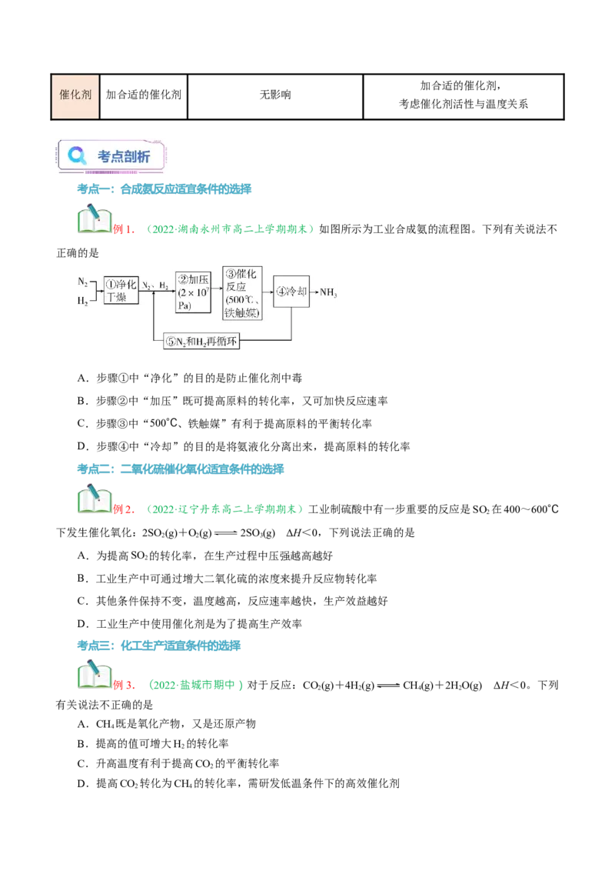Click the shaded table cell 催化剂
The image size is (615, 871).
pyautogui.click(x=75, y=97)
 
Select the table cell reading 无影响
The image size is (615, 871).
pyautogui.click(x=275, y=97)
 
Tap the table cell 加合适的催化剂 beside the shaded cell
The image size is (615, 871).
pyautogui.click(x=144, y=97)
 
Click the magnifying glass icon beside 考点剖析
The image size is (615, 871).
pyautogui.click(x=77, y=155)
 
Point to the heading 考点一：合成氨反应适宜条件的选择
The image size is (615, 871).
pyautogui.click(x=165, y=189)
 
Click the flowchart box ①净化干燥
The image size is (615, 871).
pyautogui.click(x=121, y=290)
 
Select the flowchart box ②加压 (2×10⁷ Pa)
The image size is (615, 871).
pyautogui.click(x=193, y=292)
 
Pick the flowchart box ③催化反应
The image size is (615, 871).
pyautogui.click(x=242, y=293)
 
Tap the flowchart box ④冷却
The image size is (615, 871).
pyautogui.click(x=291, y=291)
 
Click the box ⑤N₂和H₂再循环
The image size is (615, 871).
pyautogui.click(x=201, y=341)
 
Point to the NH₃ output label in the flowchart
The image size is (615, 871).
pyautogui.click(x=328, y=292)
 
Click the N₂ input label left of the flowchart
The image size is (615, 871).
pyautogui.click(x=83, y=282)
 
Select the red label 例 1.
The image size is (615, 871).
pyautogui.click(x=124, y=229)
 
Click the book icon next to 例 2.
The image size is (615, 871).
pyautogui.click(x=95, y=499)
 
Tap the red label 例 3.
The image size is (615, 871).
pyautogui.click(x=124, y=685)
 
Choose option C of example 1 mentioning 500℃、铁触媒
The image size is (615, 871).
pyautogui.click(x=224, y=423)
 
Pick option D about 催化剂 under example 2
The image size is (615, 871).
pyautogui.click(x=189, y=624)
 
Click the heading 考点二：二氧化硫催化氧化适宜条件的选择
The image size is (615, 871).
pyautogui.click(x=181, y=469)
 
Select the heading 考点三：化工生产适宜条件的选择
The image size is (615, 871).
pyautogui.click(x=158, y=646)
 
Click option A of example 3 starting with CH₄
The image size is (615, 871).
pyautogui.click(x=167, y=724)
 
